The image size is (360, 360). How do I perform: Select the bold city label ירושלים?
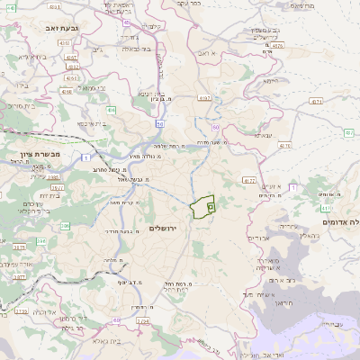164,229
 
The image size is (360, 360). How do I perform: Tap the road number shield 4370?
285,144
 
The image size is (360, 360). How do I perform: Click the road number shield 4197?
204,97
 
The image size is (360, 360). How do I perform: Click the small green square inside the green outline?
211,206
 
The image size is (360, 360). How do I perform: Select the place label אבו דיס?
257,238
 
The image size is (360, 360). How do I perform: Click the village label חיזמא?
269,81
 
